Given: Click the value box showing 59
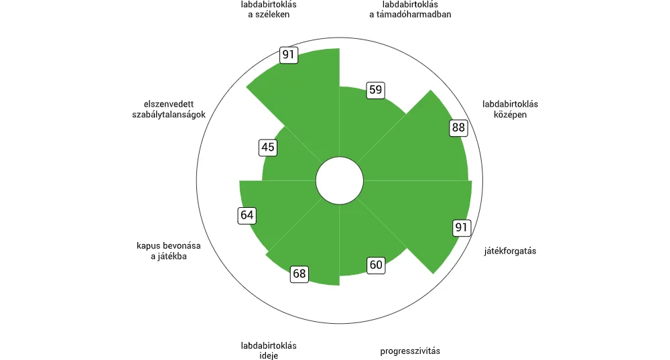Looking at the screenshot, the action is [x=376, y=90].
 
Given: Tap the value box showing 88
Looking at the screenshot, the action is [x=458, y=127].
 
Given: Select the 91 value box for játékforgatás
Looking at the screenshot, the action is [x=462, y=227].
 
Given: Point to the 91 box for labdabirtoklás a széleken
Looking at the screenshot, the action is [x=288, y=55].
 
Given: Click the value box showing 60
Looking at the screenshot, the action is [x=376, y=265].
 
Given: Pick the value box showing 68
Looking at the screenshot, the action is [x=299, y=274].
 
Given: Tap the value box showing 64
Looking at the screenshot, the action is [x=247, y=215].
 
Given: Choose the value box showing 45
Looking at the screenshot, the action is [x=268, y=147].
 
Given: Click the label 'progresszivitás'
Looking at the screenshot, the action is [x=410, y=351].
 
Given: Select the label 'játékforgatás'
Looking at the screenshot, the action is [x=510, y=251].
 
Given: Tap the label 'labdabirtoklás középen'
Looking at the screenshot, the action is [x=510, y=109].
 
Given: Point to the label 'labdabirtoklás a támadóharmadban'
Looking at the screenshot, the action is [x=410, y=9].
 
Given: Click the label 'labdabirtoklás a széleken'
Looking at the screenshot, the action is [x=269, y=9].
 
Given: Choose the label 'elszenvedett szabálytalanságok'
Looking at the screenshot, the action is [x=169, y=109].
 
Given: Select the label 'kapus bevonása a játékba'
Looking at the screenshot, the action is [x=169, y=251].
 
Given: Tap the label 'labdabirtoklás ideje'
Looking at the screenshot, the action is [x=269, y=351].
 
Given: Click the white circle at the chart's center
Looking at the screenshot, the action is [x=340, y=180].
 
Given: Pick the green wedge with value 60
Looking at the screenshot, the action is [x=367, y=239].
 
